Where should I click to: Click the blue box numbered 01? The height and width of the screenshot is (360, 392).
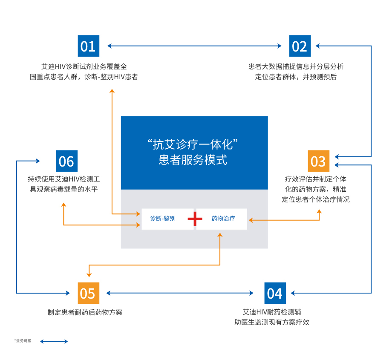pos(88,46)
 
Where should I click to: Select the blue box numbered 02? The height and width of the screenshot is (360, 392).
pos(300,46)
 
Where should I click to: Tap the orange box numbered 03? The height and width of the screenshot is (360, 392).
pos(318,161)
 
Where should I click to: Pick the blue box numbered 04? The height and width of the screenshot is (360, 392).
pos(275,293)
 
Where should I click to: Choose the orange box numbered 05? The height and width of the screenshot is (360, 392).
pos(88,293)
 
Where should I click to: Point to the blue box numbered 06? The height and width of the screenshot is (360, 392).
pos(66,161)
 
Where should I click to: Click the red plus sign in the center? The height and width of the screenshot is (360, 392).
pos(195,219)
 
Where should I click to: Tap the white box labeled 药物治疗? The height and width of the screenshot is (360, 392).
pos(222,219)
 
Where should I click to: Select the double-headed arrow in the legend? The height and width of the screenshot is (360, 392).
pos(54,341)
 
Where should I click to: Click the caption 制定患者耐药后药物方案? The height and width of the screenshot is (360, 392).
pos(85,312)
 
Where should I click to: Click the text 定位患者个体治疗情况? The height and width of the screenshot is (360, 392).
pos(316,199)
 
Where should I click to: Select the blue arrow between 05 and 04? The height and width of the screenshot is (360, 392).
pos(180,293)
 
